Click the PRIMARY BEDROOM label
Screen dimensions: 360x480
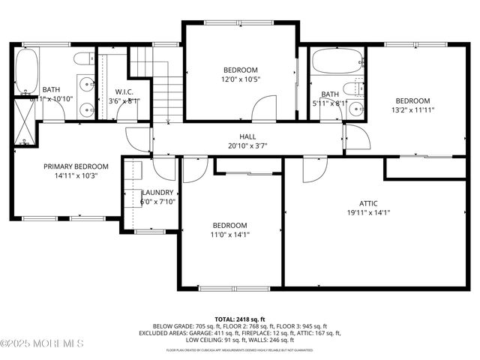click(76, 166)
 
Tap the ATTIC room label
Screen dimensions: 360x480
click(368, 202)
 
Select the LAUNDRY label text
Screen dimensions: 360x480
click(157, 192)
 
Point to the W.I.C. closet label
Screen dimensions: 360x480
click(124, 91)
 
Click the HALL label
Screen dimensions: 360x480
click(248, 137)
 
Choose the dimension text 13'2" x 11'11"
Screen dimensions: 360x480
click(412, 109)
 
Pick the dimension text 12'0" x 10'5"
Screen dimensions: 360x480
click(239, 79)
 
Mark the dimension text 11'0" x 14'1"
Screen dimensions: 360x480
click(229, 235)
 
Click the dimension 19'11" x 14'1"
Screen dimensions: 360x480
click(368, 212)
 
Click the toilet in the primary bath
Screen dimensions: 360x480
click(84, 60)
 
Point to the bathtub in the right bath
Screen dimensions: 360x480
click(337, 61)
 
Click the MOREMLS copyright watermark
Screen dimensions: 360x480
click(42, 343)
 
